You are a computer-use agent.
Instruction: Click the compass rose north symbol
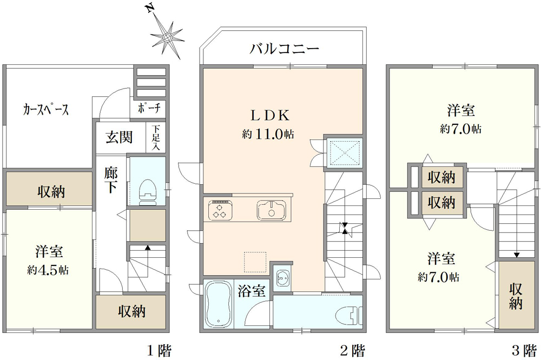coord(167,36)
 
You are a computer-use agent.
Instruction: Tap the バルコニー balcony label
coord(285,49)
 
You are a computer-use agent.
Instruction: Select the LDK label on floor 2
coord(270,116)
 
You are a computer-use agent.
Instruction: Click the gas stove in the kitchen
coord(220,210)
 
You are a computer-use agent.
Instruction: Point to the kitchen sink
coord(271,210)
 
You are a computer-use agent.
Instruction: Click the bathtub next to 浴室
coord(219,304)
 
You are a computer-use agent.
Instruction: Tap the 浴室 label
coord(252,291)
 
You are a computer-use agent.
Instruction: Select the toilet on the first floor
coord(148,192)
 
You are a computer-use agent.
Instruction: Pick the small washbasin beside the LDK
coord(283,277)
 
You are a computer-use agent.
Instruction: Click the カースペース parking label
coord(46,110)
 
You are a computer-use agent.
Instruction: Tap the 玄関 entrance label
coord(119,137)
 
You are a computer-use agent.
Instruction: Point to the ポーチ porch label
coord(149,109)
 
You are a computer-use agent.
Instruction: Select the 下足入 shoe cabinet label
coord(156,138)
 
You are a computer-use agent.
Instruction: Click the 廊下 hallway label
coord(111,180)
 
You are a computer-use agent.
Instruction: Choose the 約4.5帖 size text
coord(48,270)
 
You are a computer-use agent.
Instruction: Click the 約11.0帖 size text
coord(268,134)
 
